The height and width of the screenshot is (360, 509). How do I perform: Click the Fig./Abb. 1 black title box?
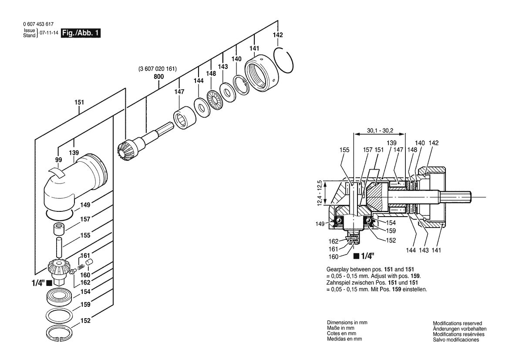81,33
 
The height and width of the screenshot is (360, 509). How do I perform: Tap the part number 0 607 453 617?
38,24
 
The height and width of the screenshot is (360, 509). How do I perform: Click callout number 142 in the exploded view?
278,35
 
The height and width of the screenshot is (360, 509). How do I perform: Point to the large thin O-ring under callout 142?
284,61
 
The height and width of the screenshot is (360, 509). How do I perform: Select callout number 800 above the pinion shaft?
159,77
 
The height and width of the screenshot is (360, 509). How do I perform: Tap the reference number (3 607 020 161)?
158,69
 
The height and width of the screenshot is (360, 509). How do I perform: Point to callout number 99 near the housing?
58,160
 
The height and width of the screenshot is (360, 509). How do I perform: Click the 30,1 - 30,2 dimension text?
380,131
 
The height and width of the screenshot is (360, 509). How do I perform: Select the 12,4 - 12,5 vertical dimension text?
320,193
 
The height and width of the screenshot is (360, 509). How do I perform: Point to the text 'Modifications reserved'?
457,323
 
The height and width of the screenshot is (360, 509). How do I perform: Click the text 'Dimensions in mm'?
347,323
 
